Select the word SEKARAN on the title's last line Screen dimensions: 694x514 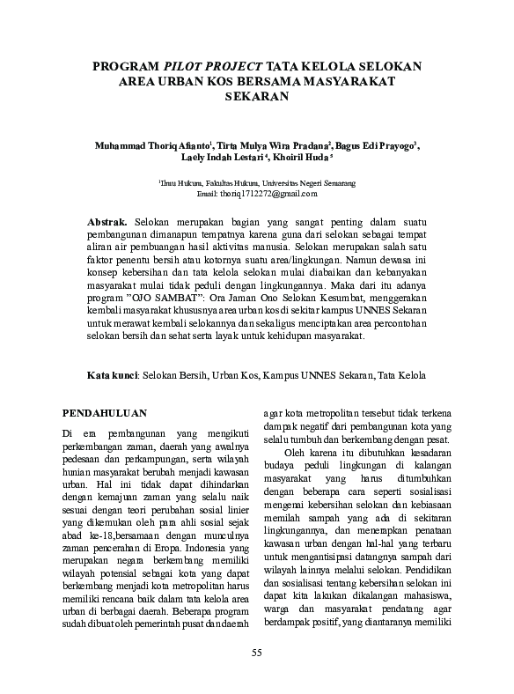tap(257, 97)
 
